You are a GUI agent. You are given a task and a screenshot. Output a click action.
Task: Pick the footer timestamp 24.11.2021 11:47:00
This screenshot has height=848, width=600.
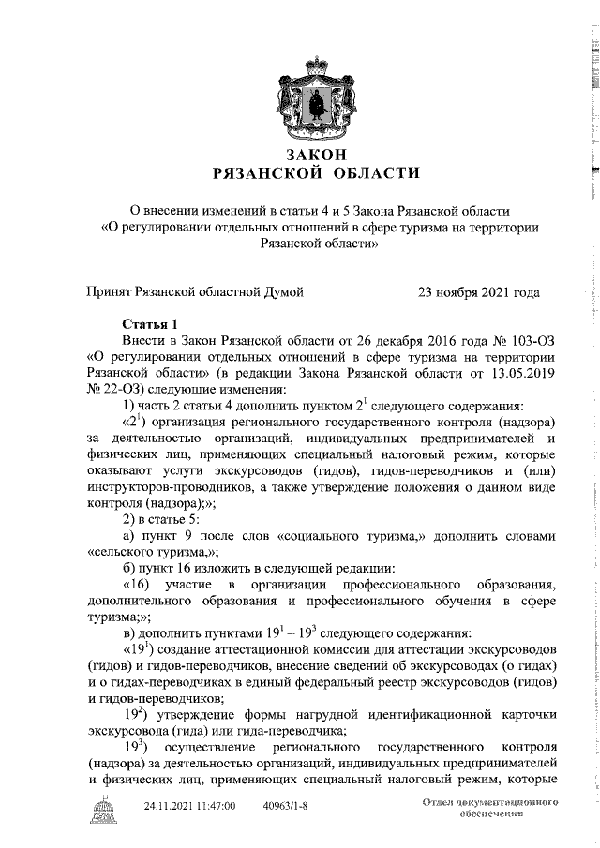(x=189, y=805)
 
